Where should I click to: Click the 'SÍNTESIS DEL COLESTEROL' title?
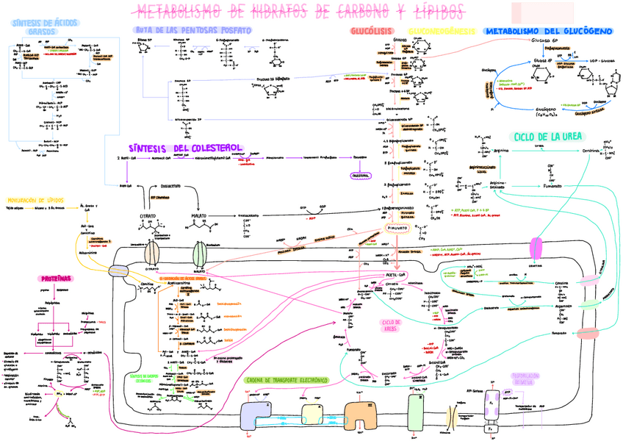(x=173, y=147)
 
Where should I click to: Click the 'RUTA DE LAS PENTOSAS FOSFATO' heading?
(x=193, y=29)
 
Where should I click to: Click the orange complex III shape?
(x=359, y=413)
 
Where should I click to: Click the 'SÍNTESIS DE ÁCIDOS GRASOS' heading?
(x=41, y=27)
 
